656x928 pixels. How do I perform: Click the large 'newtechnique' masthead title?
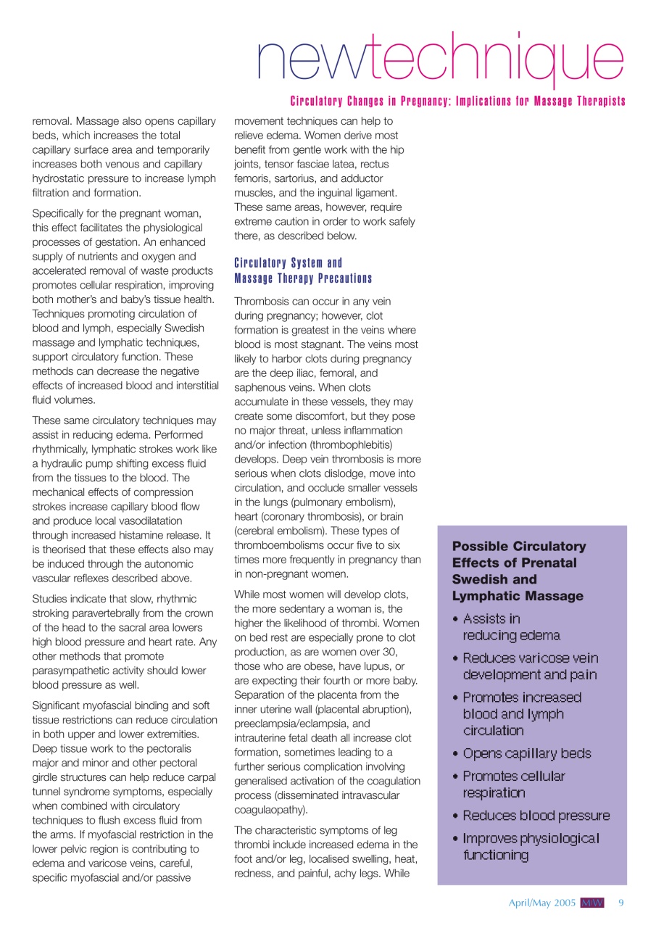(x=440, y=59)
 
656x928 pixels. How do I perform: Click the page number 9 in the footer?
(x=620, y=903)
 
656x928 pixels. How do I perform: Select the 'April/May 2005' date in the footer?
(x=541, y=903)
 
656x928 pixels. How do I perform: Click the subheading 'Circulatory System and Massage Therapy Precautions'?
(x=303, y=270)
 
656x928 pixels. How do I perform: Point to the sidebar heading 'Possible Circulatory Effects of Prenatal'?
(x=519, y=555)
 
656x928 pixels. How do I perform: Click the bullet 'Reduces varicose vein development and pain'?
(x=531, y=666)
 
